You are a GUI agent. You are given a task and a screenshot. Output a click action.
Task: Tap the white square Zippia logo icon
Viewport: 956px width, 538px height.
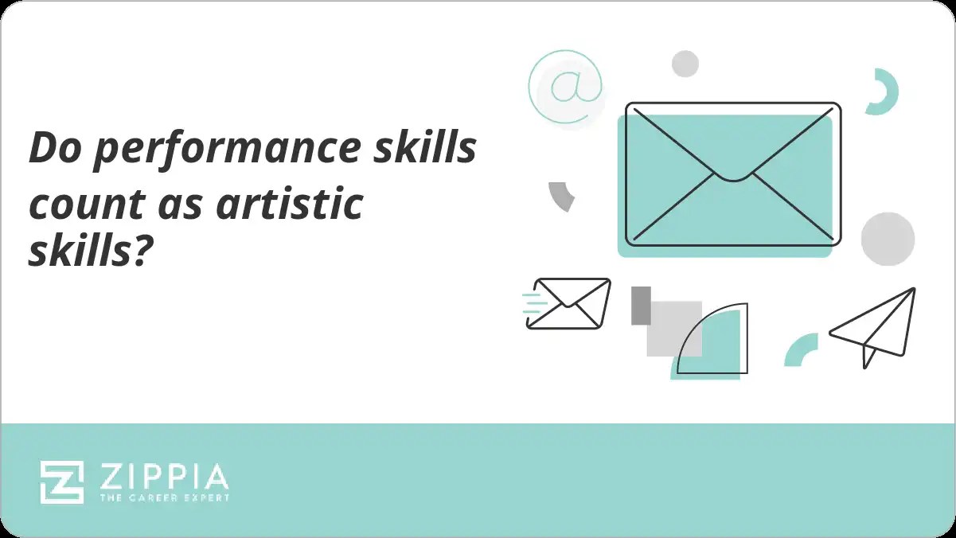(x=62, y=482)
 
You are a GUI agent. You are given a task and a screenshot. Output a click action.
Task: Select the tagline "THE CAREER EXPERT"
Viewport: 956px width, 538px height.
(x=164, y=498)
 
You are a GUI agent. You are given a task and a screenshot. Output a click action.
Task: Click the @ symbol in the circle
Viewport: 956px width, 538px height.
(x=565, y=88)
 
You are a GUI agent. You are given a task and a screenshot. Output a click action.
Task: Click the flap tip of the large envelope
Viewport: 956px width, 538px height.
(x=733, y=177)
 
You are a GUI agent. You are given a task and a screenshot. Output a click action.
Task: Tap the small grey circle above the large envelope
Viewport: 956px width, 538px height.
(x=685, y=64)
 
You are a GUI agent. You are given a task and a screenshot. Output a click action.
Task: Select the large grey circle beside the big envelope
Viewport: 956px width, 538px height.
(x=888, y=239)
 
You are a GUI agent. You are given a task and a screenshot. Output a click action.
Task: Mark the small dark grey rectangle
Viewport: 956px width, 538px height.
(x=641, y=306)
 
